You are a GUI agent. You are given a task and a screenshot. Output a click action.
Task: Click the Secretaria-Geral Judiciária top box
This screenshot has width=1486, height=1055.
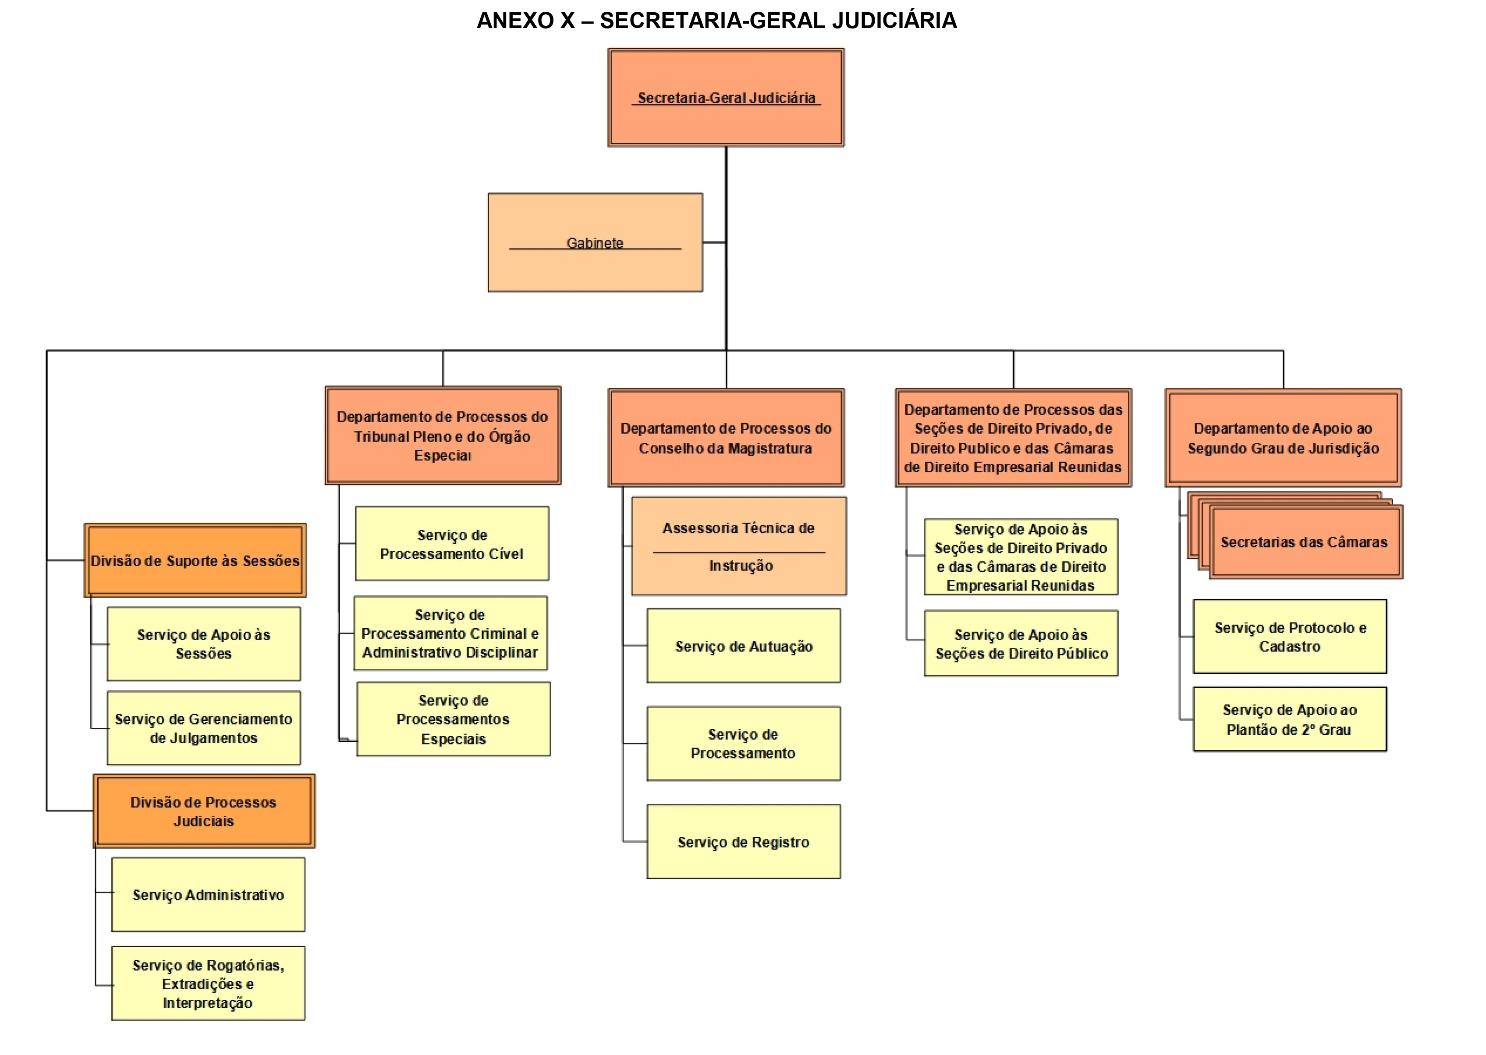(726, 97)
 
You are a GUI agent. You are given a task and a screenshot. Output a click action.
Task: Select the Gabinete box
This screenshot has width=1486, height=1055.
(595, 242)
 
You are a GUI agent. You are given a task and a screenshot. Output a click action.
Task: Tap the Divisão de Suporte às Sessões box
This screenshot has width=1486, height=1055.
(195, 560)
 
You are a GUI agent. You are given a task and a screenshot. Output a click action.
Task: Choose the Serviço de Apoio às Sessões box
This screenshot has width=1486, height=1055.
(203, 644)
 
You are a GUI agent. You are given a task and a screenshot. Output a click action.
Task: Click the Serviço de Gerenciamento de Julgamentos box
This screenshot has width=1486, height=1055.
(203, 728)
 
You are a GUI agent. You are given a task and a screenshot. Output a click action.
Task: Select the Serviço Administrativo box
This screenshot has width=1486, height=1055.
(208, 895)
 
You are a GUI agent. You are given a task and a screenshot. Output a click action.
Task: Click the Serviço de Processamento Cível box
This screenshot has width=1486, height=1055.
(451, 544)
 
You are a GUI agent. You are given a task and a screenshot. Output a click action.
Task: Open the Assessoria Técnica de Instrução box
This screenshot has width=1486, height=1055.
(739, 546)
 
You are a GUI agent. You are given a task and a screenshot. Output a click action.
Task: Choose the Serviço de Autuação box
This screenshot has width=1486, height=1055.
(743, 646)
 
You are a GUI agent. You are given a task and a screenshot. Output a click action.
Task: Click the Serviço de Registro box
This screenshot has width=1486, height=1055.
(743, 842)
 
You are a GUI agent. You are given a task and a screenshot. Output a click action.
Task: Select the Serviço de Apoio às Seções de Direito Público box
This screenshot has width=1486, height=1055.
(1021, 643)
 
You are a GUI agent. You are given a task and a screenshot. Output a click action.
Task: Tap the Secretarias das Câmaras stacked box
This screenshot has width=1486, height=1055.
(1305, 542)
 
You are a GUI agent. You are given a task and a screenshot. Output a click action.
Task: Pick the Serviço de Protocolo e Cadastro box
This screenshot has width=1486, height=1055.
(1290, 637)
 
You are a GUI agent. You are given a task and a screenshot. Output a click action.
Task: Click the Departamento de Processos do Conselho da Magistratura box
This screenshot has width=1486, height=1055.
(726, 438)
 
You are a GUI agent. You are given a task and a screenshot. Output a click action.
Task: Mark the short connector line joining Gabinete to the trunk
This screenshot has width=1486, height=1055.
(714, 242)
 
